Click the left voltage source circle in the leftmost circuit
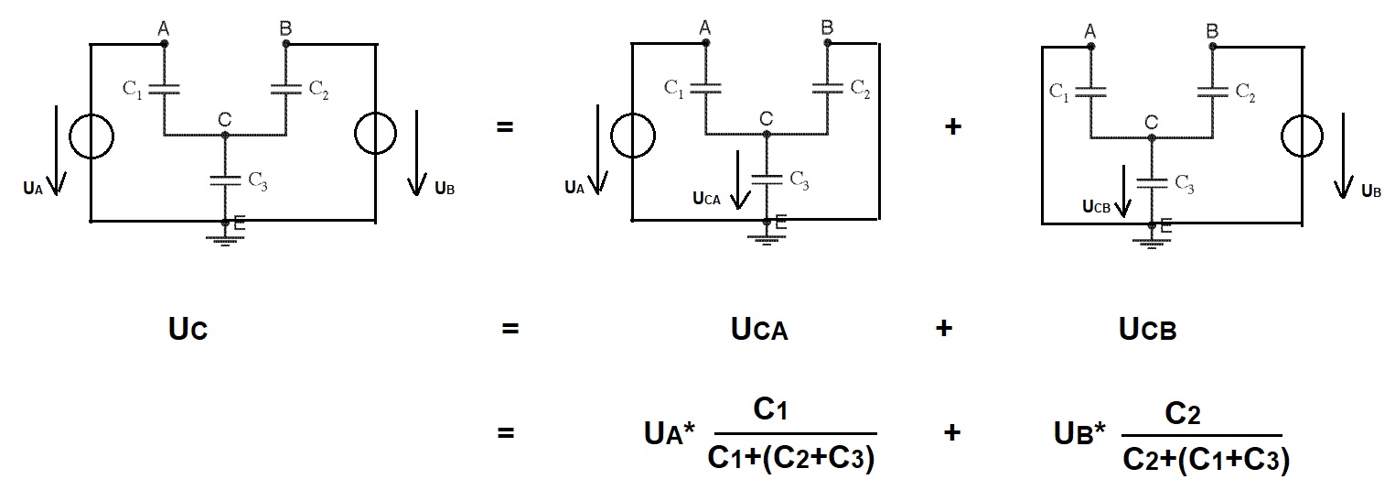pos(70,136)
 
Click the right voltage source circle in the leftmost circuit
pos(355,133)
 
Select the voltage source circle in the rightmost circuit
pos(1282,136)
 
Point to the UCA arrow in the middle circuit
pos(739,180)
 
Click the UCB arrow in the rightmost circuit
pos(1123,191)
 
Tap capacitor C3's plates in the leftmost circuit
pos(225,180)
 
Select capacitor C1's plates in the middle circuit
pos(705,88)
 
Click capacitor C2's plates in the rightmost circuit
pos(1213,92)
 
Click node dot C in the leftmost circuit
pos(225,135)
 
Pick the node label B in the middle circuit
pos(826,27)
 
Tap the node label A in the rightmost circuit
pos(1089,31)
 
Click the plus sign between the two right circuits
pos(953,126)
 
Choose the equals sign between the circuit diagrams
pos(504,126)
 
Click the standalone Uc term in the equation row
pos(188,328)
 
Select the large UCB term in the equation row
pos(1147,328)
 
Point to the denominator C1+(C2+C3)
pos(791,459)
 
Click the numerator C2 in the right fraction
pos(1182,413)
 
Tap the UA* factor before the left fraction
pos(670,433)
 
